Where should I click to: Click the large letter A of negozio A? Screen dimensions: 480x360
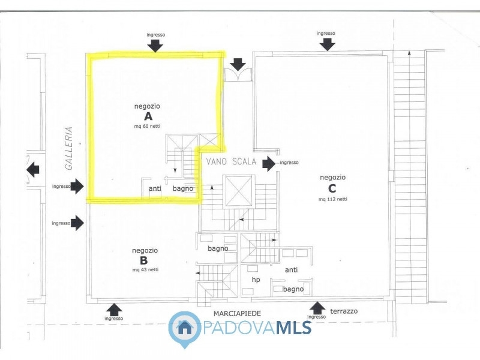(148, 116)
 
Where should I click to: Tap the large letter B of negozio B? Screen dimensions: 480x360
(143, 260)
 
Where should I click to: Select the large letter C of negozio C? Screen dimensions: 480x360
(332, 188)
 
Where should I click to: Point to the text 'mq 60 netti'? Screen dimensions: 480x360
(147, 126)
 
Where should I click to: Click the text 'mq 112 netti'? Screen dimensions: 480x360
(333, 199)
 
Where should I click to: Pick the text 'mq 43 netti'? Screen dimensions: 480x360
(145, 269)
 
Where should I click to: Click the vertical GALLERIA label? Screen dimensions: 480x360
(69, 148)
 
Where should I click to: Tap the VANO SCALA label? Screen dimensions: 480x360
(231, 161)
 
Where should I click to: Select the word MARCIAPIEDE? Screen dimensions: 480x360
(237, 313)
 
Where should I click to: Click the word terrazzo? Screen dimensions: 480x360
(344, 311)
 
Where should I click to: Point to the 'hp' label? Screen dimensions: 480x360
(256, 280)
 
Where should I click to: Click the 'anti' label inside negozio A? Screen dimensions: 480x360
(155, 188)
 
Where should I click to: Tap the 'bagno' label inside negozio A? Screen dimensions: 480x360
(183, 189)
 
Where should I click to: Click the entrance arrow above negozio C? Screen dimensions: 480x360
(327, 45)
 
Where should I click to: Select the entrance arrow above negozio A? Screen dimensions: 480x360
(155, 46)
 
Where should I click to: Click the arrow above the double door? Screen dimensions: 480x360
(238, 64)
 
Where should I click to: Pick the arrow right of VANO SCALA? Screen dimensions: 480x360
(269, 163)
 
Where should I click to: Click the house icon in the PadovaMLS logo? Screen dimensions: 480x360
(185, 328)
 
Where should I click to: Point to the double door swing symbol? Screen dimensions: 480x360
(238, 74)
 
